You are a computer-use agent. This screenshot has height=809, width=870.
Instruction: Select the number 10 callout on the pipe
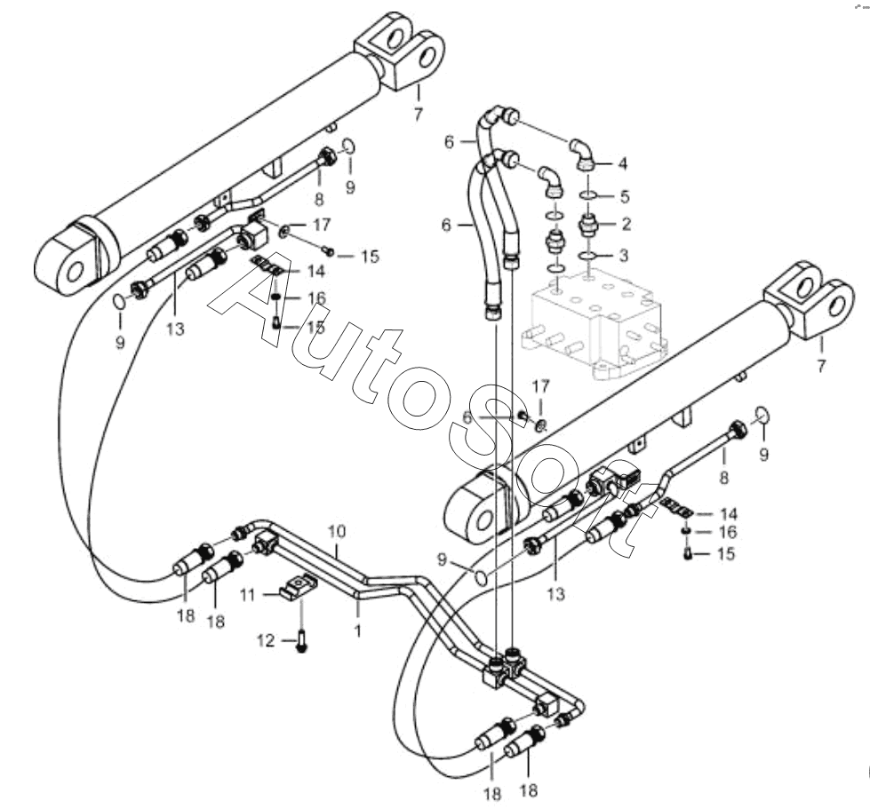point(337,531)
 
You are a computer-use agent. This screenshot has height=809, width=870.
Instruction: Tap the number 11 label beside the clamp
point(251,593)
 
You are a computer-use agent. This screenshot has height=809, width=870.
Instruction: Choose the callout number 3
point(624,256)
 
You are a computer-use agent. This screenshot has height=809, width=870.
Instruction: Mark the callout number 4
point(622,163)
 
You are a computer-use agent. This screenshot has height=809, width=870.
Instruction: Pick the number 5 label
point(624,194)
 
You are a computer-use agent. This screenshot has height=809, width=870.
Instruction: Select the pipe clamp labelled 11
point(301,587)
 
